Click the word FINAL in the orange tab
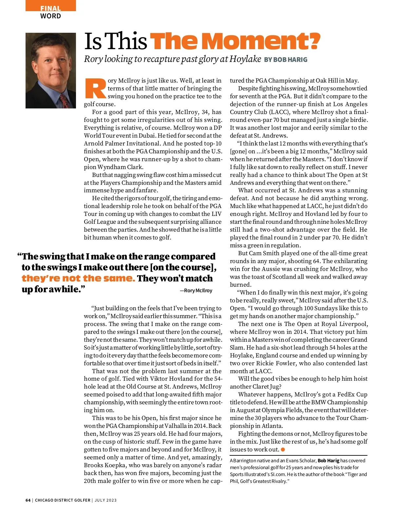coord(50,9)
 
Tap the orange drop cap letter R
coord(95,88)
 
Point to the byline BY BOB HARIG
coord(286,60)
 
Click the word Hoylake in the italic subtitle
coord(245,59)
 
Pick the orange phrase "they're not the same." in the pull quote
coord(78,278)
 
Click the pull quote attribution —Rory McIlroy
coord(196,291)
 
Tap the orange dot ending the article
coord(283,449)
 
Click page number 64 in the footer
coord(28,500)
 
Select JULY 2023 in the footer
coord(105,500)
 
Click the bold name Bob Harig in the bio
coord(328,461)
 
